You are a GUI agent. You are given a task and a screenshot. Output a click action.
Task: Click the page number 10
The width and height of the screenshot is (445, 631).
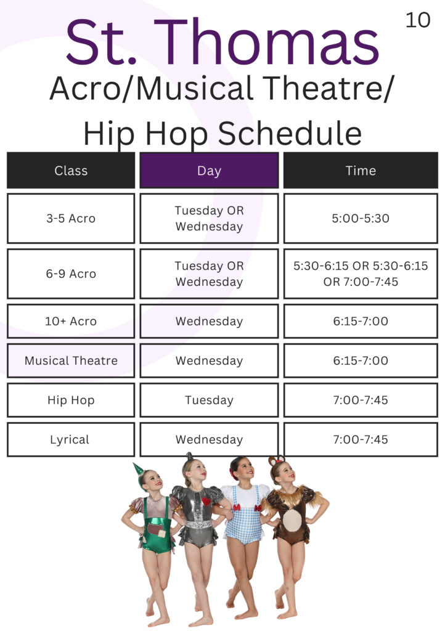[x=418, y=20]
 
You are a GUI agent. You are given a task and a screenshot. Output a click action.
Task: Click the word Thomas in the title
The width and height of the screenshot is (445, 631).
[x=266, y=43]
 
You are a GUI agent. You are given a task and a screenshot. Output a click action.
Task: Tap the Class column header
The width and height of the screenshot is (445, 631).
[x=71, y=170]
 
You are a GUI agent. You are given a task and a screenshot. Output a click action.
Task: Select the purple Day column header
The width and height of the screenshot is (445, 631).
[x=209, y=170]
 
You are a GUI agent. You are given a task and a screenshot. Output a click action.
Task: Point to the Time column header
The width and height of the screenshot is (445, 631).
[x=361, y=170]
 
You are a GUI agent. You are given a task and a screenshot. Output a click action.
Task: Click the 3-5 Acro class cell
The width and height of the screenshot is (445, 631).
[x=71, y=219]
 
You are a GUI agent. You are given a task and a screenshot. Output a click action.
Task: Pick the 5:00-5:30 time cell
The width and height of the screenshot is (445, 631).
[x=361, y=219]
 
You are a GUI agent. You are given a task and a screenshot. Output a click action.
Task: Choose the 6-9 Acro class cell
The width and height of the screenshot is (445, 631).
[x=71, y=274]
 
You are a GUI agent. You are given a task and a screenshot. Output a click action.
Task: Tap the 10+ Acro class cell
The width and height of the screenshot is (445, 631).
[x=71, y=321]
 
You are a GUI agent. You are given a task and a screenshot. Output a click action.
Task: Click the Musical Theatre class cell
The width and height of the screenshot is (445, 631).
[x=71, y=360]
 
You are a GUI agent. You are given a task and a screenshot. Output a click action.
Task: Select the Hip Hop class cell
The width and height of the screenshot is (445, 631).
[x=71, y=400]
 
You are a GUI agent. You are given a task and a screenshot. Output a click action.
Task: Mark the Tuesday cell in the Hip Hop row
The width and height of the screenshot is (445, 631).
[x=209, y=400]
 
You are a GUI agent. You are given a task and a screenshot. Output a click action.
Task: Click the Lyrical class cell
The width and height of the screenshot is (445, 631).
[x=71, y=439]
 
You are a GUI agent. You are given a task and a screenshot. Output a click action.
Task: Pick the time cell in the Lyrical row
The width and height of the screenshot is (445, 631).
[x=361, y=439]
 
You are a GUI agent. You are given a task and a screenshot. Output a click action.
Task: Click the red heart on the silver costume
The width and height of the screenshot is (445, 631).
[x=206, y=502]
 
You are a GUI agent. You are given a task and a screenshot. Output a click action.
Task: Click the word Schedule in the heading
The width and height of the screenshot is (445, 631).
[x=290, y=134]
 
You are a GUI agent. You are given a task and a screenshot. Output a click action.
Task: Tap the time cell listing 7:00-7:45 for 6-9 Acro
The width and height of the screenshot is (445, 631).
[x=361, y=274]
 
